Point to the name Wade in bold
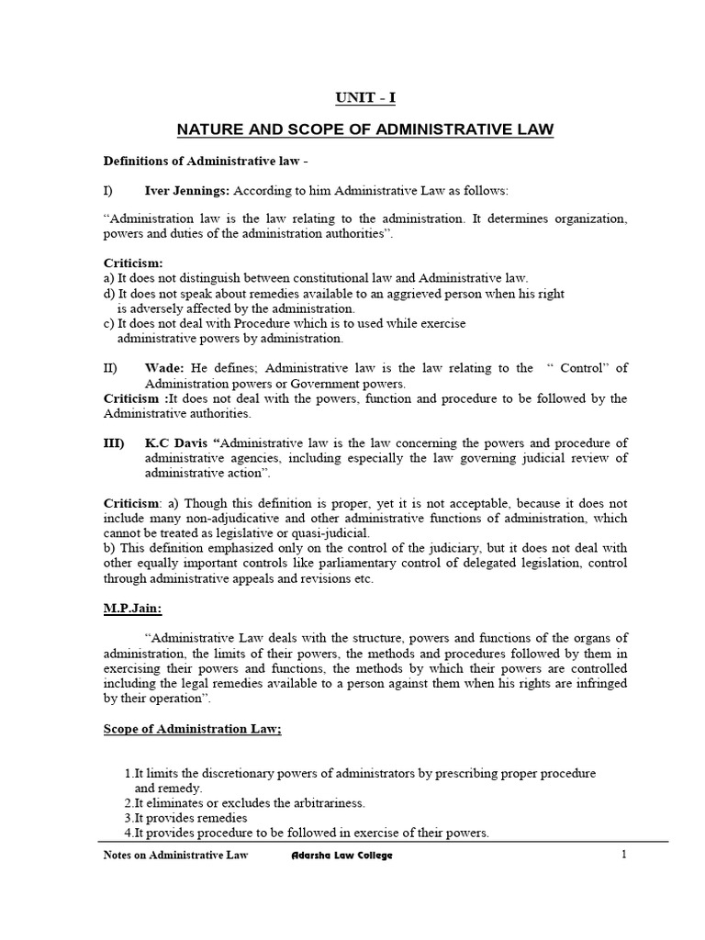(x=162, y=368)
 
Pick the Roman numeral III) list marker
(x=113, y=443)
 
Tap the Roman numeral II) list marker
(x=110, y=368)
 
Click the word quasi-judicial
(x=330, y=533)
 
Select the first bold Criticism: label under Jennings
(x=132, y=263)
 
